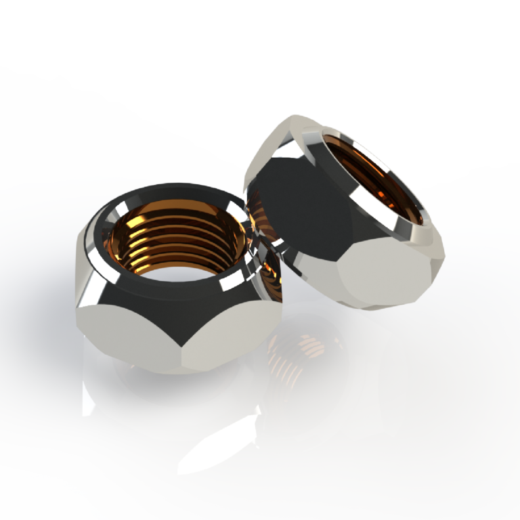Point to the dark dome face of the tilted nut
298,203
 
